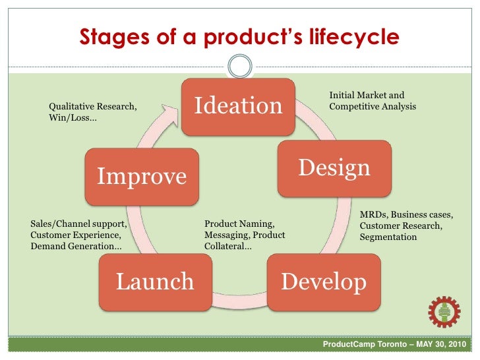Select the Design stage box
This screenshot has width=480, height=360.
click(x=334, y=168)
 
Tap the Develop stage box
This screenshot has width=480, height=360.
click(x=323, y=282)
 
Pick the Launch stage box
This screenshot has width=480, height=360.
click(x=155, y=282)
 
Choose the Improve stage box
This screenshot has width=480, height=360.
click(x=142, y=176)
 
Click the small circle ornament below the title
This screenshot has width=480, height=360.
click(x=239, y=66)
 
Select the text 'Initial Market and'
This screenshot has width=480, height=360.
click(x=367, y=96)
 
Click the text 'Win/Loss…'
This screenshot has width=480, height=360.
click(x=73, y=118)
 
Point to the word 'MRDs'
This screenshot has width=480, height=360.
click(x=374, y=215)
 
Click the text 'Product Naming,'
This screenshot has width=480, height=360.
click(x=239, y=224)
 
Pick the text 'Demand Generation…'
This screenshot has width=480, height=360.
click(x=75, y=246)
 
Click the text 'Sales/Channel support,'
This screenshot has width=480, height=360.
click(x=78, y=224)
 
